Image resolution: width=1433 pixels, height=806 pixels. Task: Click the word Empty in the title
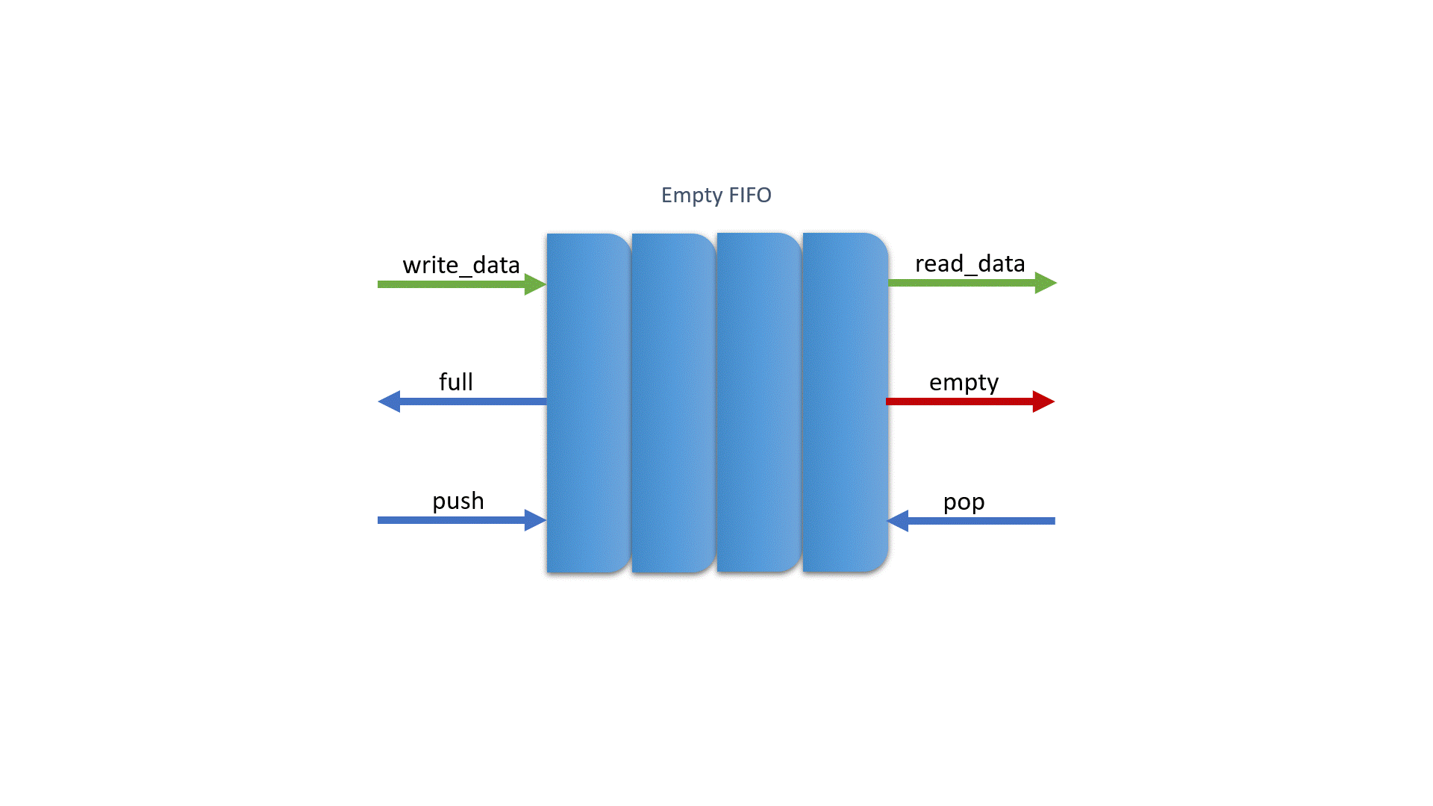(692, 196)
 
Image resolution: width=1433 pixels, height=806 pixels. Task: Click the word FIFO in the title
(749, 195)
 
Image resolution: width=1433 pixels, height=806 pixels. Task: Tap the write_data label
(461, 265)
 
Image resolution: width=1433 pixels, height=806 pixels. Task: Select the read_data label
(970, 263)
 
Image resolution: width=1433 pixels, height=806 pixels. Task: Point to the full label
(455, 382)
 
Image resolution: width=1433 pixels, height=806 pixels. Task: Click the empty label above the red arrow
(964, 383)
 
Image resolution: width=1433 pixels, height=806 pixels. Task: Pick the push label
(458, 501)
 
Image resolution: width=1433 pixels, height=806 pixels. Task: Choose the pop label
(964, 502)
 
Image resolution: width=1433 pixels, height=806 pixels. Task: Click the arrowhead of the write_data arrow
(534, 284)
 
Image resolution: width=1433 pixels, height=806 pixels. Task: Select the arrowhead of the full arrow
(390, 402)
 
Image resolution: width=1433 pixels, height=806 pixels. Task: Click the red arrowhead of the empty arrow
(1043, 402)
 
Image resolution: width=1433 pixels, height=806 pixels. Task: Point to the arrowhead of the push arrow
(534, 520)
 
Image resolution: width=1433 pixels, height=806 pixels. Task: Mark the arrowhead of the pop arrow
(899, 521)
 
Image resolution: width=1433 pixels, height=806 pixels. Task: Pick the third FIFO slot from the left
(759, 403)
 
